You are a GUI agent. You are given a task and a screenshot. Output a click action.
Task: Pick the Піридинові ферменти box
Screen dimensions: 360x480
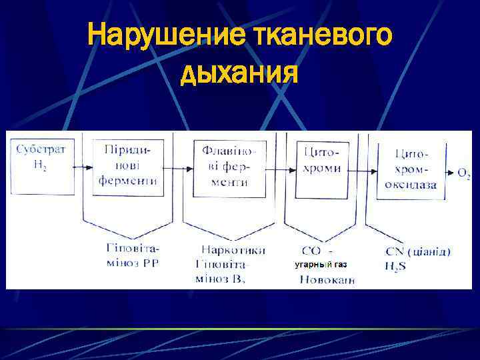pyautogui.click(x=128, y=166)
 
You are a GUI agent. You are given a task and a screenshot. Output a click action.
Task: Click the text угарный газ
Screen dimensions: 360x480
pyautogui.click(x=321, y=265)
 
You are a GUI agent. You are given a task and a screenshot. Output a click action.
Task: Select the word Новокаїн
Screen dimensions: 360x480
pyautogui.click(x=327, y=279)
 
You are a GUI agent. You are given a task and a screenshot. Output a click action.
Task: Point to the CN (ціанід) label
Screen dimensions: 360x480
pyautogui.click(x=418, y=251)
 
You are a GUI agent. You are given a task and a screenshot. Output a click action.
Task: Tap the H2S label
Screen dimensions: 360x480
pyautogui.click(x=395, y=265)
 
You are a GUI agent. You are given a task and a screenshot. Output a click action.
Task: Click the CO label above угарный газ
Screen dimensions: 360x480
pyautogui.click(x=312, y=251)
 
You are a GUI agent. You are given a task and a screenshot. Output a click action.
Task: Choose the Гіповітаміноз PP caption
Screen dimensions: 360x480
pyautogui.click(x=133, y=256)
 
